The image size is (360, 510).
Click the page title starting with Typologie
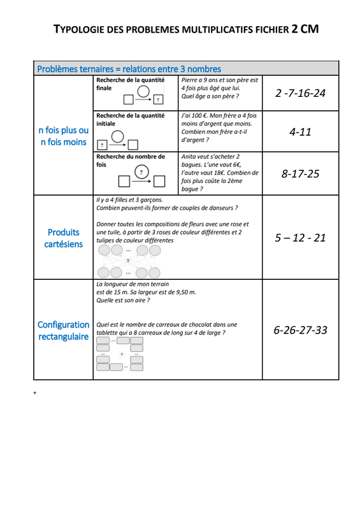[x=186, y=29]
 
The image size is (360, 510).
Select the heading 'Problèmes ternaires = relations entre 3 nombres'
[x=129, y=69]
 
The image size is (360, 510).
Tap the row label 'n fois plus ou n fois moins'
[x=64, y=136]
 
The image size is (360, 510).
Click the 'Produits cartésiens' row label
[x=64, y=238]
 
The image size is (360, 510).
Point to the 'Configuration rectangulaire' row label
[x=64, y=330]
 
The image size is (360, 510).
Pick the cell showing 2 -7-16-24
[x=300, y=93]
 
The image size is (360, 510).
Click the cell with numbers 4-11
[x=300, y=132]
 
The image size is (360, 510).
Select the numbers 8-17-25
[x=300, y=173]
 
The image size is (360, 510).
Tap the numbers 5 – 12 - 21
[x=300, y=238]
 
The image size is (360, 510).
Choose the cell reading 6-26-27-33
[x=300, y=330]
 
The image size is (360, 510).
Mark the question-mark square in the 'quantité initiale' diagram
[x=102, y=145]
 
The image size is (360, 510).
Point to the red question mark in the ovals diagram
[x=128, y=261]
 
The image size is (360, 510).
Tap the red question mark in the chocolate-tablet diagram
[x=122, y=354]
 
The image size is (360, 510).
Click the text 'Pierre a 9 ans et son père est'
[x=220, y=80]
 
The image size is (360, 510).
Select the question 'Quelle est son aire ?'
[x=123, y=300]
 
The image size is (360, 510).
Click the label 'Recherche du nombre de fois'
[x=131, y=161]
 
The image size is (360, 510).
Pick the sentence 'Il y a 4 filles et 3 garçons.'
[x=129, y=200]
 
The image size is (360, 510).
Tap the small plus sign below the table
[x=35, y=393]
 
